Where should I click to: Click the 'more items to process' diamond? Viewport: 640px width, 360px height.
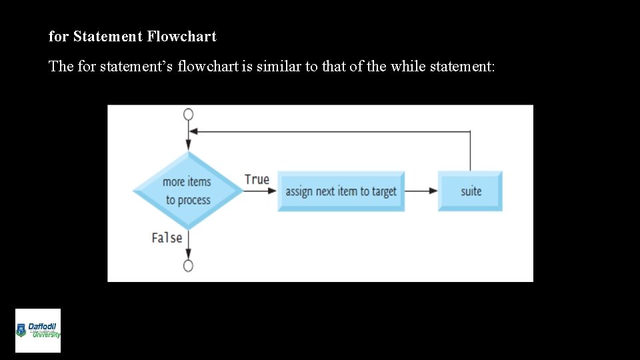188,191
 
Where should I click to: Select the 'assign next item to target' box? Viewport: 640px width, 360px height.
341,191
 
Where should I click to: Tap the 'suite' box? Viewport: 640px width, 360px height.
470,191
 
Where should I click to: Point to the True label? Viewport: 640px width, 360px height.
257,179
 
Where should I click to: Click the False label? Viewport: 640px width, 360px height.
167,237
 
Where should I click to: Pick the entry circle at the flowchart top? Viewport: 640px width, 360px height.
189,114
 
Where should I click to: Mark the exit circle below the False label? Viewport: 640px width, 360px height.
189,266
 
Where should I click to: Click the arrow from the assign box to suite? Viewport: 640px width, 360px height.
421,191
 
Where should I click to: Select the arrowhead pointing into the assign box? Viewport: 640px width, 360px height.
271,191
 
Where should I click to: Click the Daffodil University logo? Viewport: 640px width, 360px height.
38,331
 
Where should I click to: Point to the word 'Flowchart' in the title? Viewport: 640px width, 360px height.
181,37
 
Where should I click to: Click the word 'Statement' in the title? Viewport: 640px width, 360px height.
107,37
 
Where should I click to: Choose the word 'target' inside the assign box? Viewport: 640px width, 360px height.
384,191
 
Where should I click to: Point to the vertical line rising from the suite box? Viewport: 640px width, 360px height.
470,151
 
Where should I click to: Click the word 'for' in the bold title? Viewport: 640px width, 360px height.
59,37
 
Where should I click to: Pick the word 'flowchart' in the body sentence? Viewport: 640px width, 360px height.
206,67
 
